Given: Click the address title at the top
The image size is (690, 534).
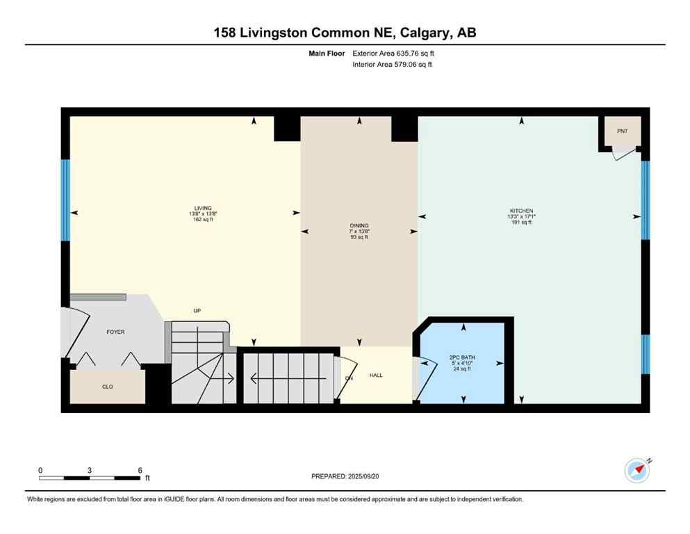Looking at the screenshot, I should click(x=345, y=33).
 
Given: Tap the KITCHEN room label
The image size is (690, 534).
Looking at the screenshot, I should click(x=521, y=211).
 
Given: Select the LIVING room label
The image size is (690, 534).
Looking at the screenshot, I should click(x=203, y=208).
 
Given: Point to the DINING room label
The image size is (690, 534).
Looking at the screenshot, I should click(x=359, y=225).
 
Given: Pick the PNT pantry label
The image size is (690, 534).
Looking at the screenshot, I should click(x=621, y=131).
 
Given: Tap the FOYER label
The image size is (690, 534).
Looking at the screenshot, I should click(x=115, y=332).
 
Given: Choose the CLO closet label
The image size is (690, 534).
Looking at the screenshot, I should click(x=108, y=387).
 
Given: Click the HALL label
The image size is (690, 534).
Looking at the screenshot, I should click(x=376, y=375).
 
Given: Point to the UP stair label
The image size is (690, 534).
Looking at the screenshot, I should click(x=197, y=310).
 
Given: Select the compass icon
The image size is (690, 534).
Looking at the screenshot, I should click(x=636, y=471).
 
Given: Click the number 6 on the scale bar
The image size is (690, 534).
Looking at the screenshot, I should click(x=140, y=470).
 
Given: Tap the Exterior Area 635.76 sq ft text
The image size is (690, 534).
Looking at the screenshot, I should click(x=394, y=53).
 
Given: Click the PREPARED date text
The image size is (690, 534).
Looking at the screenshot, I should click(x=345, y=476).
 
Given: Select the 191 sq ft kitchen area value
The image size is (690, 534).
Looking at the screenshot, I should click(x=521, y=223).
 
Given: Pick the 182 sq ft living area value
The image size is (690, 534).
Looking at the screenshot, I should click(x=203, y=220).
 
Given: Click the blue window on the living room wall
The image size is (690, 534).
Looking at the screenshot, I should click(x=65, y=200).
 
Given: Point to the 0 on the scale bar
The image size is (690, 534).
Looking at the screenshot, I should click(x=40, y=470).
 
